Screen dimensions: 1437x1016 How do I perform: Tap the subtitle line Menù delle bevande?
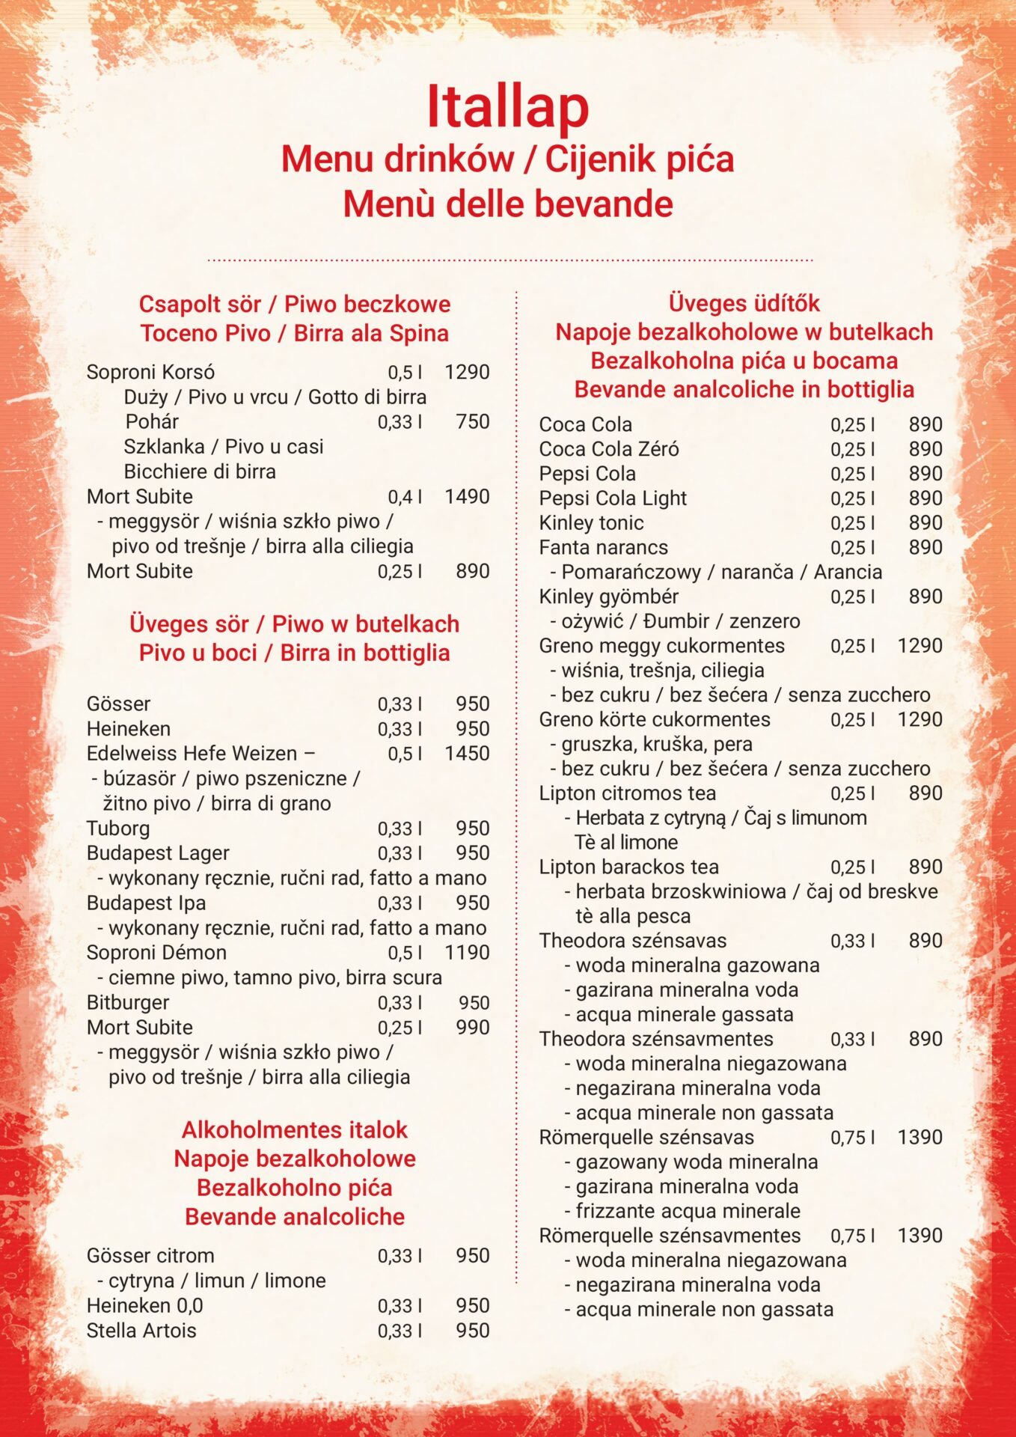(x=507, y=204)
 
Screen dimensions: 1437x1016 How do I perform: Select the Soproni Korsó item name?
(x=150, y=372)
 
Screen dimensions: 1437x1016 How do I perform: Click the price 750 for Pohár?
(x=472, y=421)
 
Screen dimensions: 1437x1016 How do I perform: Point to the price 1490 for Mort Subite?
(x=467, y=496)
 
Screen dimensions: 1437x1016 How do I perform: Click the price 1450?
(x=467, y=753)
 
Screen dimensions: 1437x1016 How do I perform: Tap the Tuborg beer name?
(x=118, y=828)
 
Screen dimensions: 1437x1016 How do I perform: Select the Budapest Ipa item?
(x=146, y=903)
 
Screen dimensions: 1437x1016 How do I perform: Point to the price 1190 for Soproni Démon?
(x=467, y=952)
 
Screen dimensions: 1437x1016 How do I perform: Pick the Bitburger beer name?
(x=128, y=1002)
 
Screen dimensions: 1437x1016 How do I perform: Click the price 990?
(x=472, y=1027)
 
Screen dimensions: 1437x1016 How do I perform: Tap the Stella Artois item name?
(x=141, y=1330)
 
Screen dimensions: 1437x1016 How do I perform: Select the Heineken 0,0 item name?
(x=144, y=1305)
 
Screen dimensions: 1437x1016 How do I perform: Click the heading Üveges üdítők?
(x=744, y=303)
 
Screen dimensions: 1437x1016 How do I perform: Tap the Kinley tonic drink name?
(x=591, y=522)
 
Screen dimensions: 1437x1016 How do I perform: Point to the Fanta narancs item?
(x=603, y=547)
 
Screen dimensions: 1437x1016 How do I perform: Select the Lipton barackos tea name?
(x=628, y=867)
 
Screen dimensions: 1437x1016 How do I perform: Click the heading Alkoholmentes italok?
(x=294, y=1129)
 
